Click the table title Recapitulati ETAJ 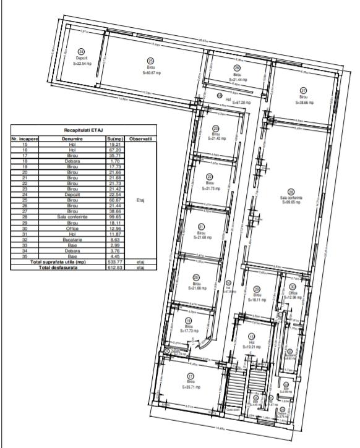[x=83, y=132]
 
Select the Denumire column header [x=72, y=140]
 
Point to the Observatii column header [x=140, y=140]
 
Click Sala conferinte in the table [x=72, y=218]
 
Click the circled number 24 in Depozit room [x=80, y=51]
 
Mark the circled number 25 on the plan [x=150, y=61]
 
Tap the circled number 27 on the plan [x=303, y=90]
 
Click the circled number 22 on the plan [x=210, y=176]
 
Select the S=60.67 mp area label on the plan [x=151, y=72]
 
